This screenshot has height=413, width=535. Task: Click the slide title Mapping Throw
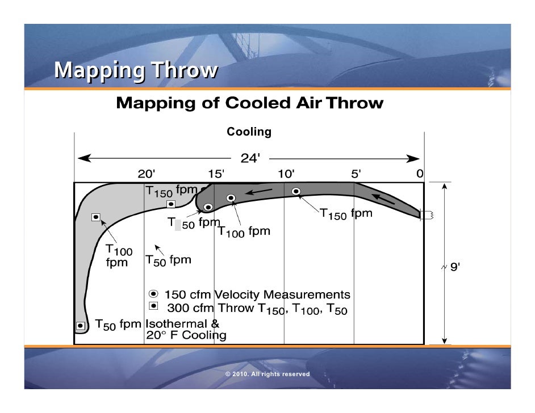point(136,70)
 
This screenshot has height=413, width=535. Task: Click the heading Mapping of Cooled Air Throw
point(249,104)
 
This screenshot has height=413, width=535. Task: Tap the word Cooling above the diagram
point(249,132)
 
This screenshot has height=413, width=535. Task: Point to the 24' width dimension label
point(250,159)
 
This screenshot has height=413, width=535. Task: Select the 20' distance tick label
point(147,174)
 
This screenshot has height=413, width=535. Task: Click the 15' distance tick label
point(216,174)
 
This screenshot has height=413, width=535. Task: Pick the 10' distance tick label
point(286,174)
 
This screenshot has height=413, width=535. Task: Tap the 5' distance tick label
point(356,174)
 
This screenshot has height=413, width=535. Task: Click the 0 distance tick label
point(419,174)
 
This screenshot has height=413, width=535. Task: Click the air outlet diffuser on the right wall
point(426,214)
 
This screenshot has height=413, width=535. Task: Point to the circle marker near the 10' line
point(295,191)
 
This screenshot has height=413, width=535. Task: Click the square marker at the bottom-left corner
point(81,326)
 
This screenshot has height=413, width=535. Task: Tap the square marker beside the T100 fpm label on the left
point(96,217)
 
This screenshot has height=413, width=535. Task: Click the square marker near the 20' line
point(170,204)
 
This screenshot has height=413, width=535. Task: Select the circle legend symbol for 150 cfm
point(153,294)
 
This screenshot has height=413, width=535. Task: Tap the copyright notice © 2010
point(267,374)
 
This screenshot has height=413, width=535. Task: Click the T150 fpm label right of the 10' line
point(346,214)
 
